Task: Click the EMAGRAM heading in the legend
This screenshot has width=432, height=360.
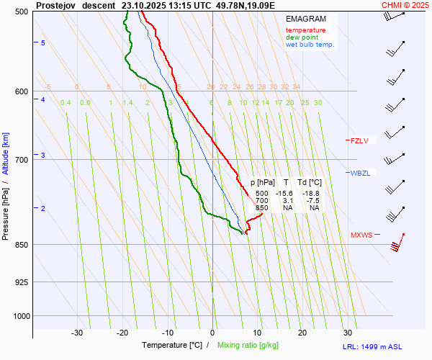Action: (x=305, y=19)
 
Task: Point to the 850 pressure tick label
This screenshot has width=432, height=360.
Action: (x=22, y=245)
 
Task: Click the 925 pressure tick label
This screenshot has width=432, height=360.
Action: (x=22, y=282)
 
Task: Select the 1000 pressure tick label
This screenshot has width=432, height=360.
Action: (x=20, y=316)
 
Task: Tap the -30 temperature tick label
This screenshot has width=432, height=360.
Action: (x=77, y=333)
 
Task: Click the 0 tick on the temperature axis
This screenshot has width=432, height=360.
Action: (x=212, y=333)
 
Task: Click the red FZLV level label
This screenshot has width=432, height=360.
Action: (x=359, y=141)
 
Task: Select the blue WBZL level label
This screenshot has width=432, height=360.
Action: (x=360, y=174)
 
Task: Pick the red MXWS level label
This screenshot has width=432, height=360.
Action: (x=361, y=235)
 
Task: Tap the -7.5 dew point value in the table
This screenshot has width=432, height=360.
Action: (x=313, y=201)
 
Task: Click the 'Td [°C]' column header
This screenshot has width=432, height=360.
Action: (x=311, y=183)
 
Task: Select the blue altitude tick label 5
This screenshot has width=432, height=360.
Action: (x=43, y=44)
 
